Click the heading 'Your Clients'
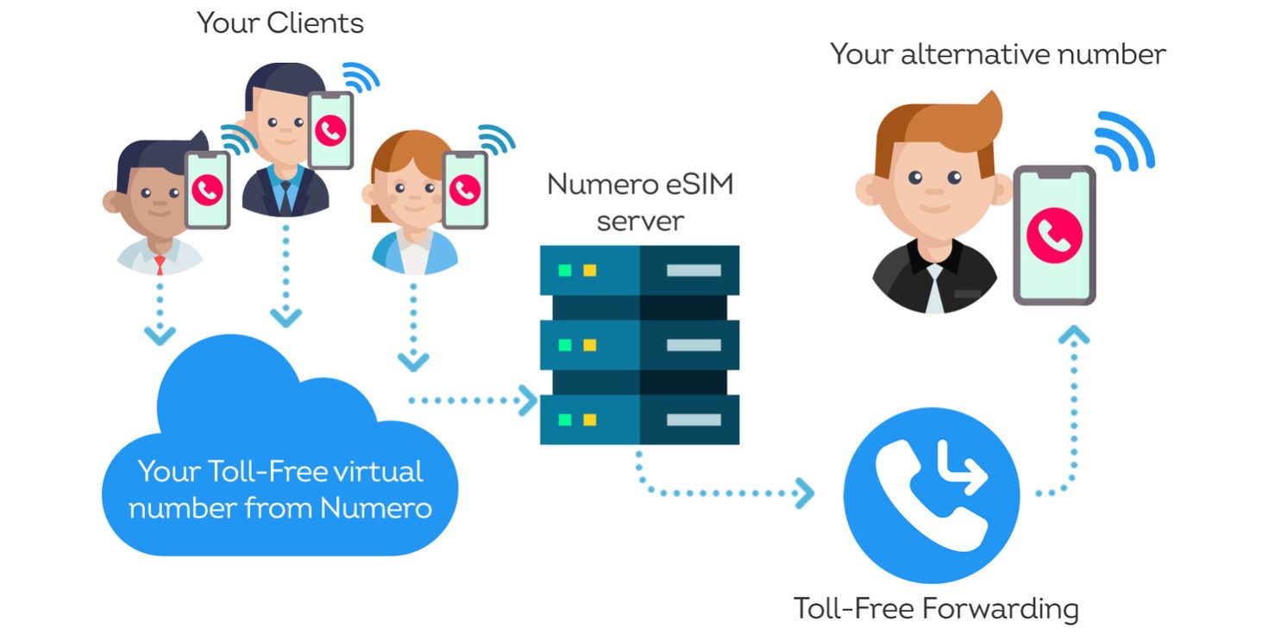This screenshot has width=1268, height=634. pos(280,23)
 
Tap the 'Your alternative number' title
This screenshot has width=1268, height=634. pos(998,54)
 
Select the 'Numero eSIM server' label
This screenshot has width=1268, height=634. pos(640,203)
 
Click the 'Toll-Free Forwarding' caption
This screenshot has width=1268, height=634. pos(936,609)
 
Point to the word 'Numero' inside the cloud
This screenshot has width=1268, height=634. pos(375,508)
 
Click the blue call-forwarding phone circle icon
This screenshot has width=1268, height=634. pos(932,495)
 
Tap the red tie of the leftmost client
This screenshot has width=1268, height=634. pos(160,264)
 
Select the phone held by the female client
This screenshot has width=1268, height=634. pos(465,191)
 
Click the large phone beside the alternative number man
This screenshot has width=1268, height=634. pos(1054,235)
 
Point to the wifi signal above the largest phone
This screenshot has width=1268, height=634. pos(1124,141)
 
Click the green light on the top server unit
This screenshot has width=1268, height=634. pos(564,270)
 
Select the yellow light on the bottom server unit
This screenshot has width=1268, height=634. pos(589,420)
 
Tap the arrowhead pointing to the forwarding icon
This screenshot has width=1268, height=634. pos(805,493)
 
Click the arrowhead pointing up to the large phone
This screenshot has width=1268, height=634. pos(1074,335)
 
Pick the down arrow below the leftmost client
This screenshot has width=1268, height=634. pos(160,333)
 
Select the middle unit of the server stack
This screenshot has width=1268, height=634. pos(639,345)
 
